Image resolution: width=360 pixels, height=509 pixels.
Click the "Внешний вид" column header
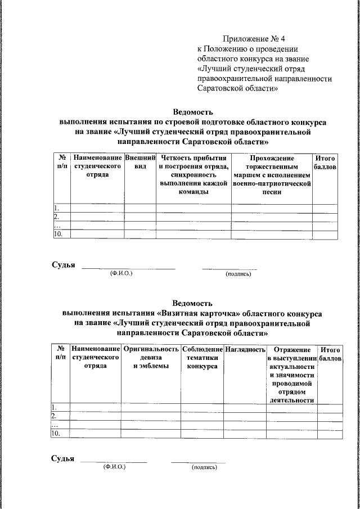(x=140, y=163)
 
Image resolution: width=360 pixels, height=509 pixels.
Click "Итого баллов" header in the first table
(x=325, y=163)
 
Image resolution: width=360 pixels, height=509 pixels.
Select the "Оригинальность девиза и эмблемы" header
(x=150, y=358)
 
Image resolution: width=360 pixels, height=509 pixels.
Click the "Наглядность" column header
(x=245, y=350)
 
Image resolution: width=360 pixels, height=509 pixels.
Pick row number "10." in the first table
(x=57, y=234)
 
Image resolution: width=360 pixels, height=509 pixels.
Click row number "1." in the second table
(x=55, y=407)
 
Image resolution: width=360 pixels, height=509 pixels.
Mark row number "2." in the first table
(x=56, y=217)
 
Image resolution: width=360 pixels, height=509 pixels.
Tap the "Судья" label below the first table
(x=63, y=265)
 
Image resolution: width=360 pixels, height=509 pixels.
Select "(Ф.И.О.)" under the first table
(x=121, y=273)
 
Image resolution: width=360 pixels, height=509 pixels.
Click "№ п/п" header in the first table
(x=62, y=163)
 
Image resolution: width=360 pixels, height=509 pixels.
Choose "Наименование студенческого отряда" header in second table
(x=95, y=358)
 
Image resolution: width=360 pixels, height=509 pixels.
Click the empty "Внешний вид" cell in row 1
(x=140, y=208)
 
